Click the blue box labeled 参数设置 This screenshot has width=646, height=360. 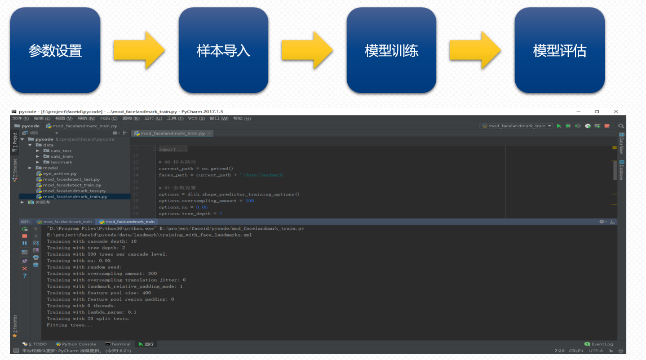pos(55,51)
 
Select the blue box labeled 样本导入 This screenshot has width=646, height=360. pos(223,51)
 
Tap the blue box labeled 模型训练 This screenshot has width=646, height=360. pos(391,51)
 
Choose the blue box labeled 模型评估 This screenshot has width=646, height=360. pos(559,51)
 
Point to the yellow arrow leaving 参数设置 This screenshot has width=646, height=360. pos(139,51)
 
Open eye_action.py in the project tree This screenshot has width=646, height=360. pos(60,174)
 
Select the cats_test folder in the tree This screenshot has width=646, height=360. pos(61,151)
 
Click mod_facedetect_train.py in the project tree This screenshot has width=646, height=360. pos(72,185)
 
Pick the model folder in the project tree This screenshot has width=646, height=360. pos(50,168)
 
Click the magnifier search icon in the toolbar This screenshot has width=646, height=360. pos(621,126)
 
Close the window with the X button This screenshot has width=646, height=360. pos(616,112)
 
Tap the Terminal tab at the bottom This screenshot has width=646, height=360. pos(120,344)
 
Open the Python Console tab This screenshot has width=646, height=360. pos(78,344)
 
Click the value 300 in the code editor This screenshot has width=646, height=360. pos(249,201)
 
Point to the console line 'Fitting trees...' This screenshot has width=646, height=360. pos(70,325)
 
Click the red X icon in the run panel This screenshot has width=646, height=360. pos(24,269)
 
